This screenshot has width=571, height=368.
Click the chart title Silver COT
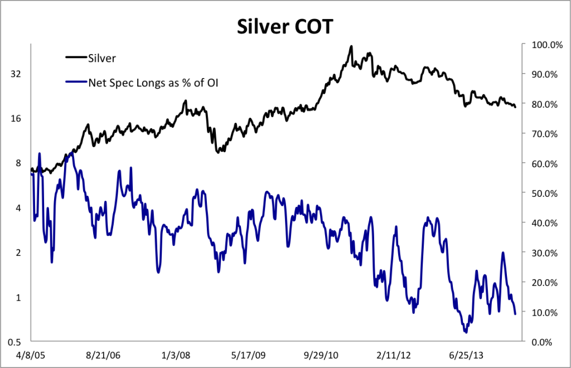tap(285, 26)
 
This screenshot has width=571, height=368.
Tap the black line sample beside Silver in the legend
tap(76, 57)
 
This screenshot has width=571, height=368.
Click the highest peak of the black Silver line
tap(351, 46)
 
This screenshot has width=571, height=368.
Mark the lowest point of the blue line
tap(466, 332)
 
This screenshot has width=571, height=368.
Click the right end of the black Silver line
tap(515, 107)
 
